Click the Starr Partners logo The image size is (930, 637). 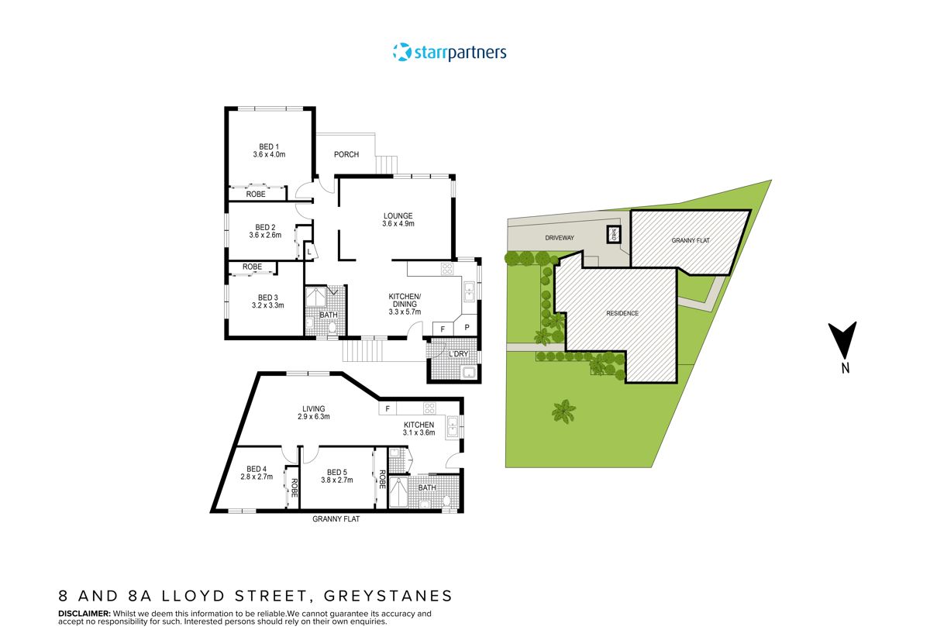449,53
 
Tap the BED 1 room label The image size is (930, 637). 269,146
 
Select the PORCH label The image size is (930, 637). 346,154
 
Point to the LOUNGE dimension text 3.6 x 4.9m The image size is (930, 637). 398,224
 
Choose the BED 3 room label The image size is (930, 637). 267,298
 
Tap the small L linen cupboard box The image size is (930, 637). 309,252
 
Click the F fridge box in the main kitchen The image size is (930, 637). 443,328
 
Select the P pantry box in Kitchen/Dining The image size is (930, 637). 467,328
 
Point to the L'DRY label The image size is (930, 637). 459,354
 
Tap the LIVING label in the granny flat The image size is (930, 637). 313,408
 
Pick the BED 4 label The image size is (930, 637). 257,469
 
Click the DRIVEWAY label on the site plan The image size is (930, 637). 559,238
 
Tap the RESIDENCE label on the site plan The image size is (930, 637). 622,313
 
